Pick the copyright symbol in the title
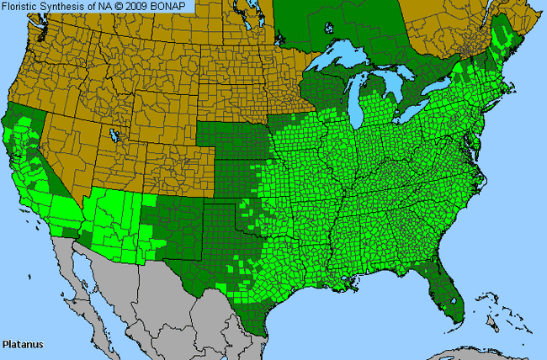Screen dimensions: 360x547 pos(122,7)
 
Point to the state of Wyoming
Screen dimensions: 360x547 pos(156,114)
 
